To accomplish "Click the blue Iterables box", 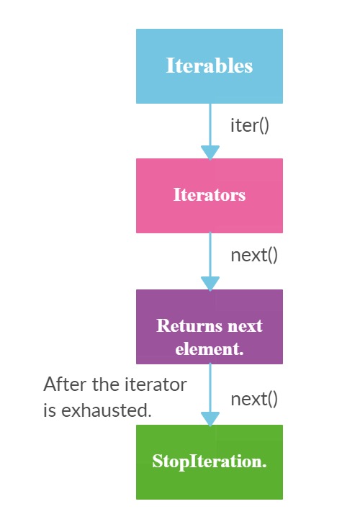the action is [x=210, y=66].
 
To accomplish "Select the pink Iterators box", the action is [x=210, y=196].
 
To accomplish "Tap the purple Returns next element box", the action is [x=210, y=327].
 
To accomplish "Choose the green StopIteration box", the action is [x=210, y=462].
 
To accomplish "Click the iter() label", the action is [x=250, y=125].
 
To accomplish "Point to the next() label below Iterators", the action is [x=254, y=255].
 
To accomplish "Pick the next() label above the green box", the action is [x=254, y=400].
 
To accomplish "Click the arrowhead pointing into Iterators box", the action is [x=210, y=153].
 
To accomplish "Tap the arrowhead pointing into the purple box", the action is [x=210, y=284].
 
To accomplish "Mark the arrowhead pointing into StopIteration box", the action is [x=210, y=419].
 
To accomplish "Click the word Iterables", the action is [x=210, y=66].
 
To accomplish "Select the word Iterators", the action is [x=210, y=194].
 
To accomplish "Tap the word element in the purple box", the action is [x=210, y=348].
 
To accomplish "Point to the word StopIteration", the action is [x=210, y=461].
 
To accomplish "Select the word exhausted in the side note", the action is [x=107, y=410].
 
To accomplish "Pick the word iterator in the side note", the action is [x=156, y=384].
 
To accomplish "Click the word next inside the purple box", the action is [x=245, y=326].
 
